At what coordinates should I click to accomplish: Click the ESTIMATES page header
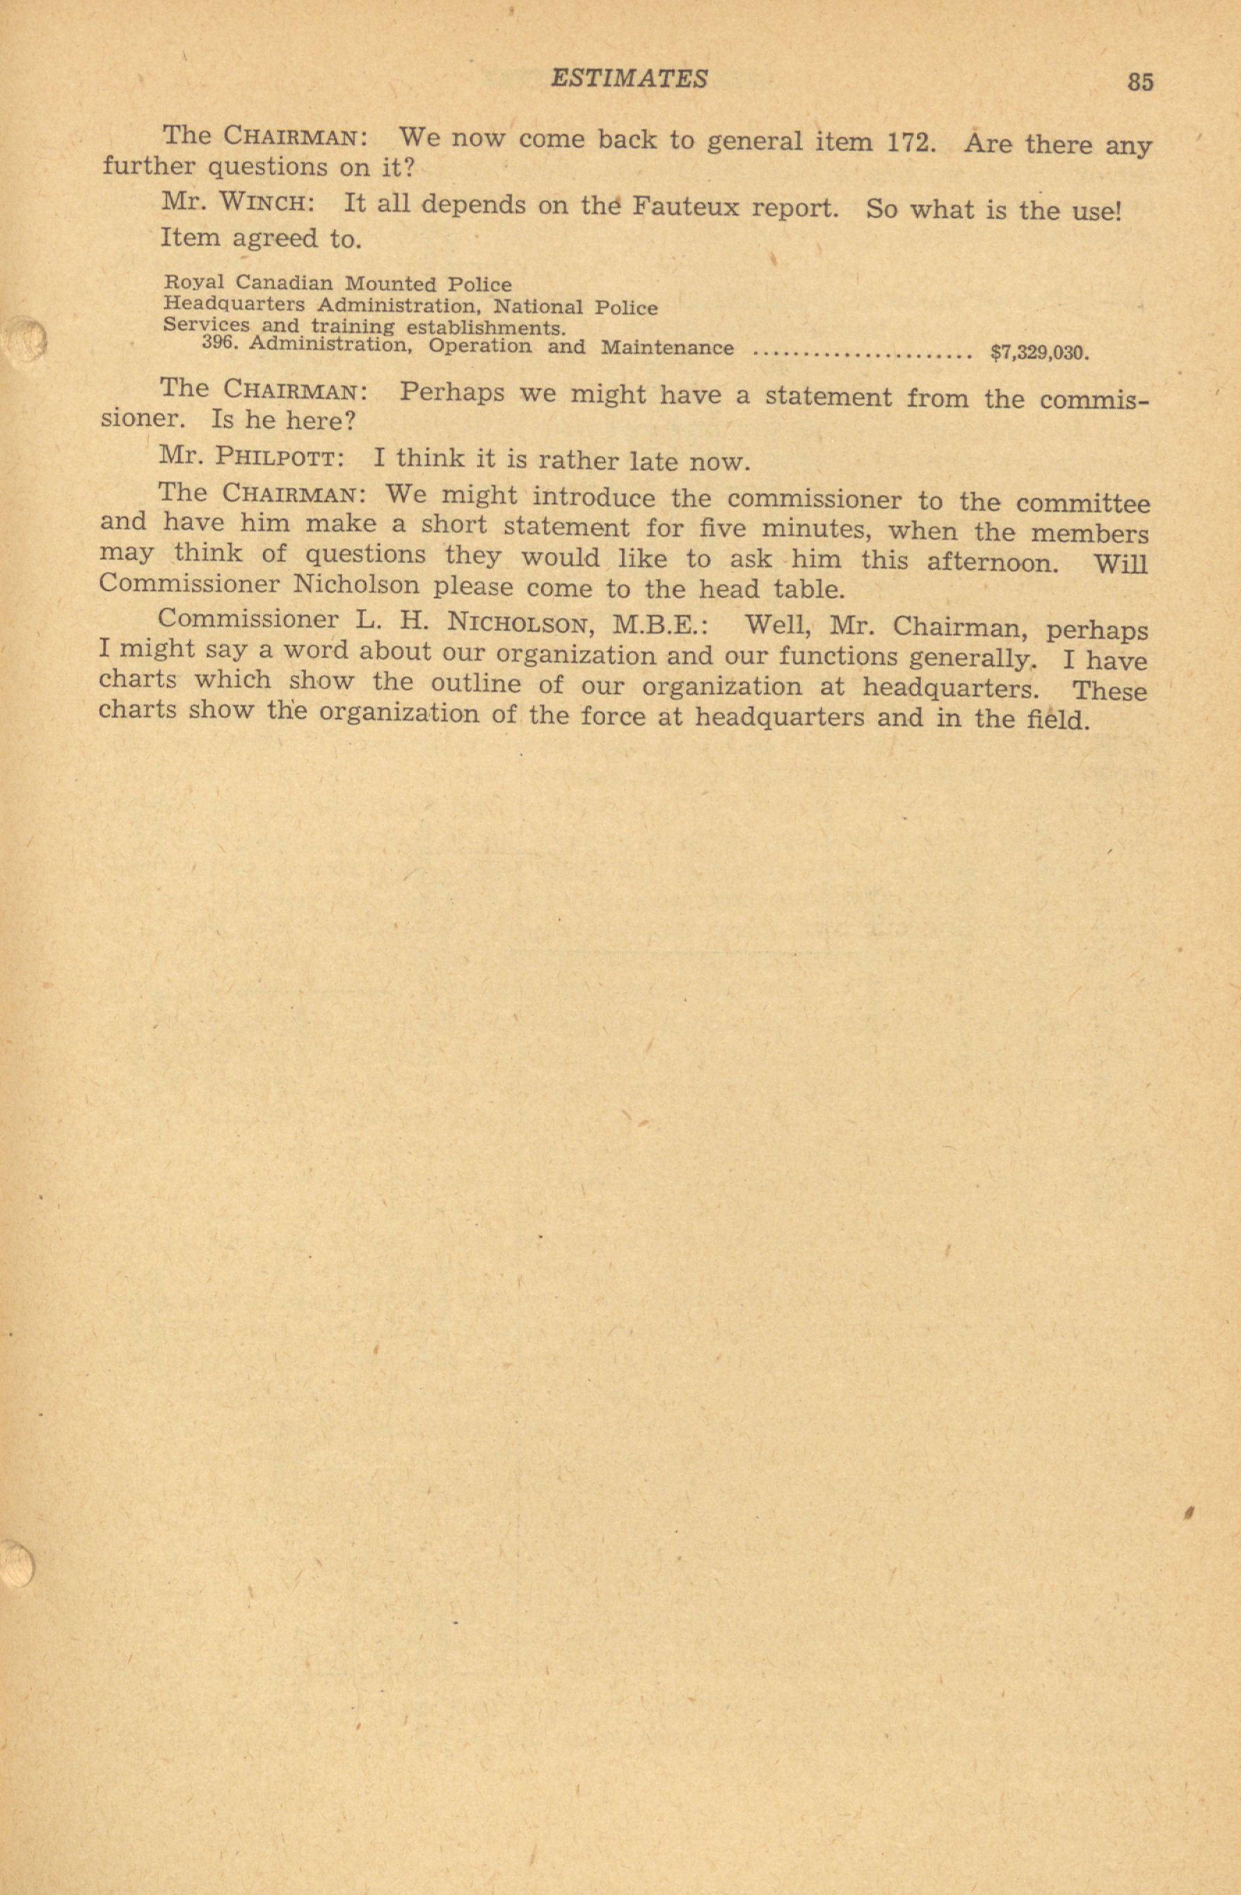pyautogui.click(x=629, y=78)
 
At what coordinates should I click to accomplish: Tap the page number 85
pyautogui.click(x=1139, y=83)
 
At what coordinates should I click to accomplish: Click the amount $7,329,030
pyautogui.click(x=1038, y=353)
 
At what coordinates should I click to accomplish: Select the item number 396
pyautogui.click(x=221, y=344)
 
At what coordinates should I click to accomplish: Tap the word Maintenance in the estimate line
pyautogui.click(x=667, y=348)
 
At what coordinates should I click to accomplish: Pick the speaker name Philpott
pyautogui.click(x=280, y=458)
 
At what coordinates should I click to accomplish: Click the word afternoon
pyautogui.click(x=993, y=562)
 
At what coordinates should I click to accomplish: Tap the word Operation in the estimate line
pyautogui.click(x=480, y=347)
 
